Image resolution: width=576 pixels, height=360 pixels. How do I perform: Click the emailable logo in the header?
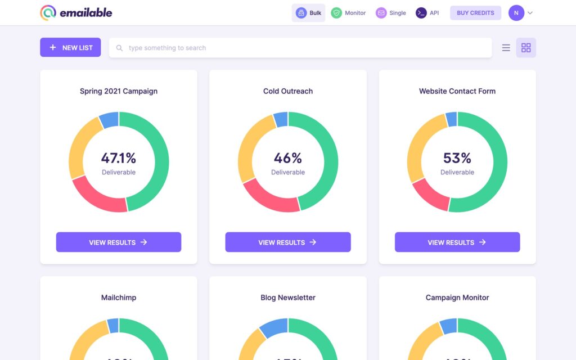click(x=76, y=12)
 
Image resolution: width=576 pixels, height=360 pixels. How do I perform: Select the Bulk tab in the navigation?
click(x=308, y=13)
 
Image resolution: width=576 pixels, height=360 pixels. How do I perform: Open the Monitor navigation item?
click(x=348, y=13)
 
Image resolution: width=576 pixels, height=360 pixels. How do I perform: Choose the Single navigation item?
click(x=391, y=13)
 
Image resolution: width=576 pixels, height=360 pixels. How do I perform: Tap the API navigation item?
click(x=427, y=13)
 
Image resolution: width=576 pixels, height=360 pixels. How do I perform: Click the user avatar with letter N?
click(x=516, y=13)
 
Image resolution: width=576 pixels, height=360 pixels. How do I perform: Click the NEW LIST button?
click(x=70, y=48)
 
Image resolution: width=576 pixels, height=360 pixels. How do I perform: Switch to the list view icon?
click(x=506, y=48)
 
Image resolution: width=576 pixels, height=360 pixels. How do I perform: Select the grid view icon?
click(x=526, y=48)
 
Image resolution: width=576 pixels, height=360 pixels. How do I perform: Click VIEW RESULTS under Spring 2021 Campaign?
click(x=119, y=242)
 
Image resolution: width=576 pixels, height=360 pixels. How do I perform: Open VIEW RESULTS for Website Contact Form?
click(x=457, y=242)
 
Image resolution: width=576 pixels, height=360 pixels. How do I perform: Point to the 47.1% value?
click(x=119, y=158)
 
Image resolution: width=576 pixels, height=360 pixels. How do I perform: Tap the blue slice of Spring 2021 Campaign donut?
click(x=109, y=119)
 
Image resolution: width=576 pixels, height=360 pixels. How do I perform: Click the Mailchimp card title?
click(x=119, y=298)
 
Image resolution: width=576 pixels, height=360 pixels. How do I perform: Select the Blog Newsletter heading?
click(x=288, y=298)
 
